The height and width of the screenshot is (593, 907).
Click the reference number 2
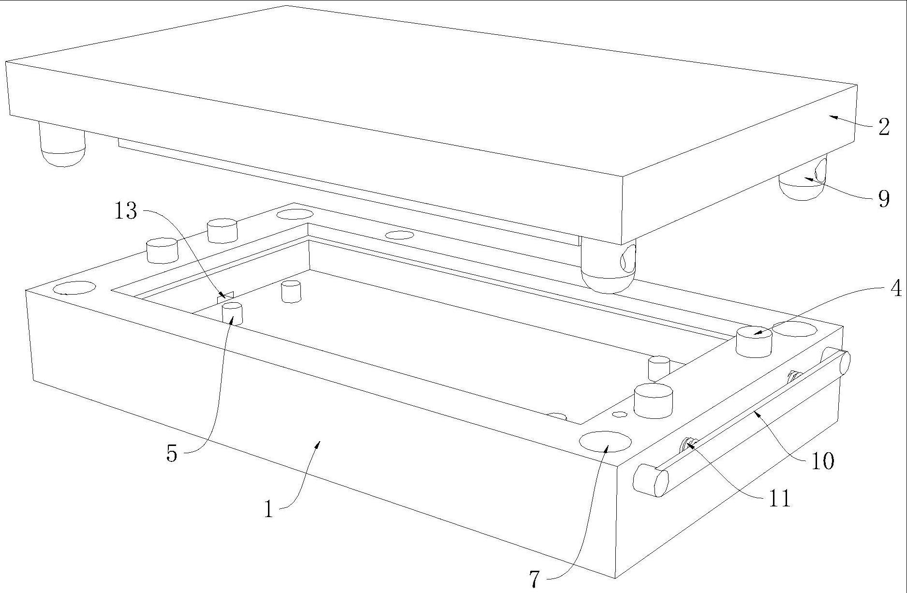(x=884, y=127)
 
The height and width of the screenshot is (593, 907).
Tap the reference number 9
(x=884, y=199)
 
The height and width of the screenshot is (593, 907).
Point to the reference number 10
(x=822, y=461)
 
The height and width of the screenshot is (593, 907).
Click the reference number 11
(x=779, y=498)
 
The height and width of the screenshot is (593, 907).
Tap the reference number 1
(x=269, y=509)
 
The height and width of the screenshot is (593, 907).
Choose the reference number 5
(x=172, y=454)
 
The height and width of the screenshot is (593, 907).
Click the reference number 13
(x=126, y=211)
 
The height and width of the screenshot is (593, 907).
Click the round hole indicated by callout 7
(x=605, y=441)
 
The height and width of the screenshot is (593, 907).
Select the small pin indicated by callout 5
(x=232, y=313)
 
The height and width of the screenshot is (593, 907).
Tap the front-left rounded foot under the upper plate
(x=62, y=144)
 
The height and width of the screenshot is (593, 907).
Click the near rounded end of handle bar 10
(x=651, y=480)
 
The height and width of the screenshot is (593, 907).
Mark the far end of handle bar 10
(x=841, y=361)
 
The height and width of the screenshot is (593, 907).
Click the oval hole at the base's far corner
(x=295, y=214)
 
